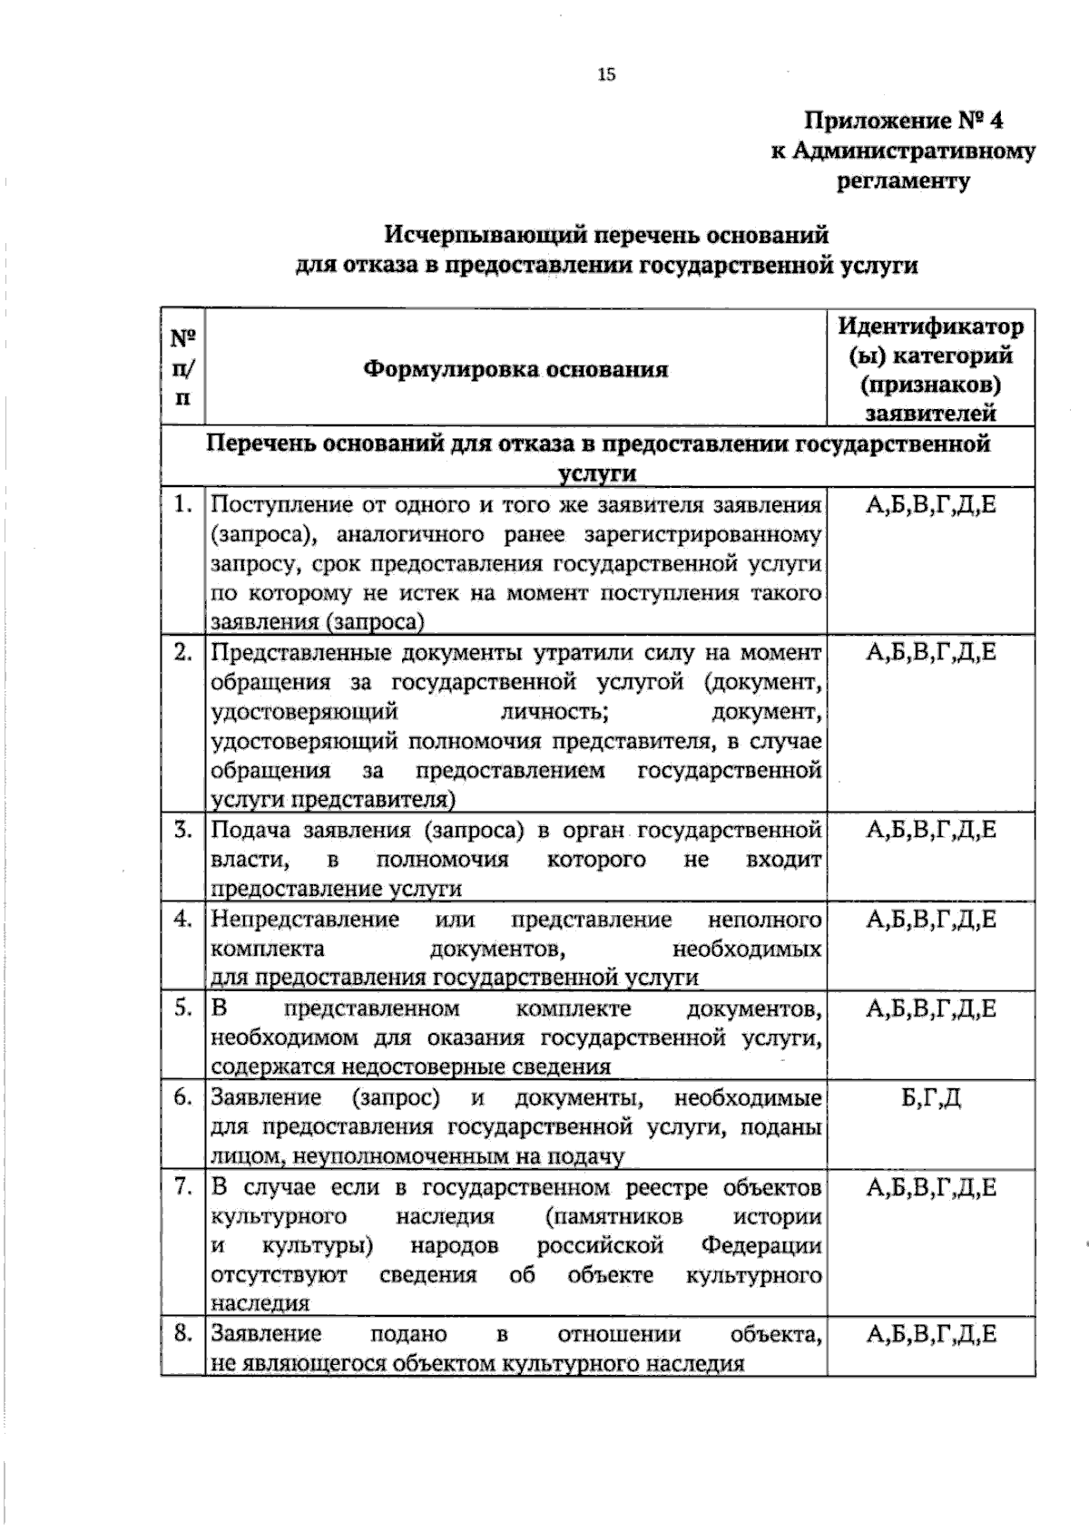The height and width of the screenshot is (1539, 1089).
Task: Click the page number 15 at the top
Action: coord(606,74)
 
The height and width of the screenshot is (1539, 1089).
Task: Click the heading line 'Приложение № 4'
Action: coord(904,121)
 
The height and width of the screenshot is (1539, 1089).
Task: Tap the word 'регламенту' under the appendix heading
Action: coord(902,180)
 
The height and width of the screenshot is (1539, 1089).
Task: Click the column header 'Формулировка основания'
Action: coord(515,369)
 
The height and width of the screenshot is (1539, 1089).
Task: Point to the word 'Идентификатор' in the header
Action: coord(930,326)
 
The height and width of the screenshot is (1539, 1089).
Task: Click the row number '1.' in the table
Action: coord(183,504)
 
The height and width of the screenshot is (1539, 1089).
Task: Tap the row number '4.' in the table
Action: coord(183,920)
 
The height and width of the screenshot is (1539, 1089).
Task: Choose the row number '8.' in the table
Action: coord(183,1333)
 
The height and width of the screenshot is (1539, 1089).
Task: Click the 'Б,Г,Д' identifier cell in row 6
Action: coord(930,1098)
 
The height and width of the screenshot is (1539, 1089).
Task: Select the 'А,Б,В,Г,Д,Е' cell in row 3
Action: coord(930,830)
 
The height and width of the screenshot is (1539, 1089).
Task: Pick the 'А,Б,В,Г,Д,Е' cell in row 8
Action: coord(930,1333)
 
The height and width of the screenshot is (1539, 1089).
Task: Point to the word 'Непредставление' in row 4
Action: coord(305,920)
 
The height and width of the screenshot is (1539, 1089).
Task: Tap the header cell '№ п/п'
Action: coord(183,367)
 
